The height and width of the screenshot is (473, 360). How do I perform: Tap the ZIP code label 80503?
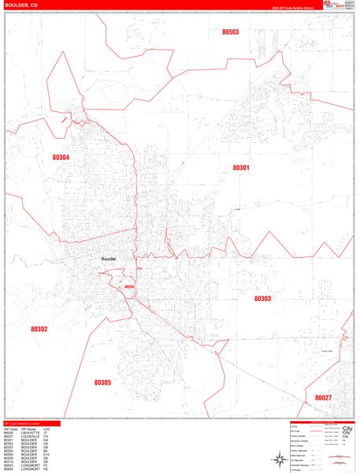(231, 32)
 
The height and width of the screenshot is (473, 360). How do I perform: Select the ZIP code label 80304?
(61, 158)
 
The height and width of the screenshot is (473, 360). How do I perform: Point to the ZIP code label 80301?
(241, 167)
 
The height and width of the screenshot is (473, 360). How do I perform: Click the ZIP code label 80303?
(262, 299)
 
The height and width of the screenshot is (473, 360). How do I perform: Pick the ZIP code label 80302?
(39, 329)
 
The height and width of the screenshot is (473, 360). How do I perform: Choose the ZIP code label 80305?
(102, 382)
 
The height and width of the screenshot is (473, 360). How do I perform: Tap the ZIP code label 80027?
(324, 398)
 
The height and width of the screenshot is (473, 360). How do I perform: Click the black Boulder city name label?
(109, 258)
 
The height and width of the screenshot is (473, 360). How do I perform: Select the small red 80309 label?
(130, 287)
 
